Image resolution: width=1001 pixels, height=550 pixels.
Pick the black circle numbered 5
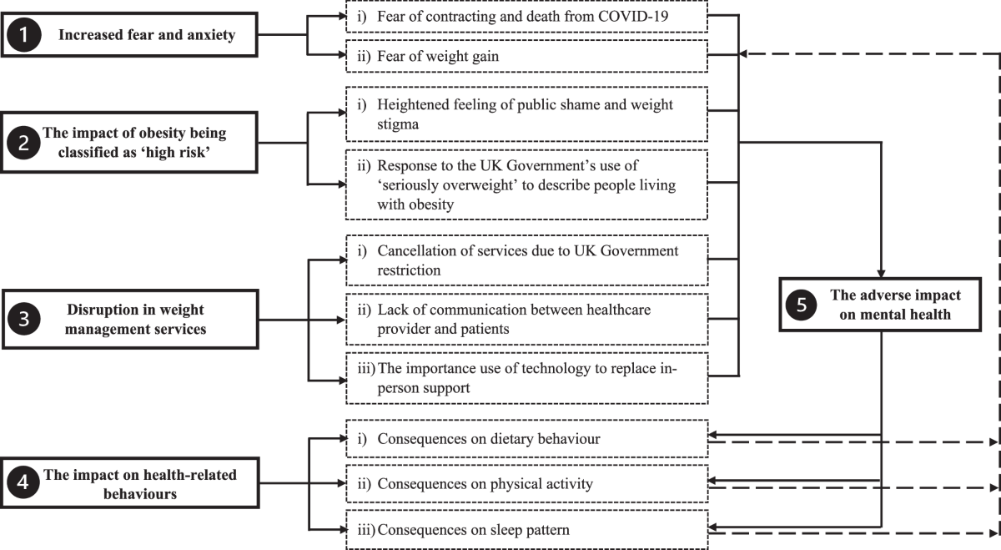[801, 305]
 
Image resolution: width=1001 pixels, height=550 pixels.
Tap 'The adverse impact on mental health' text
[895, 305]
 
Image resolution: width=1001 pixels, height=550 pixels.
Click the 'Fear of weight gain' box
[526, 56]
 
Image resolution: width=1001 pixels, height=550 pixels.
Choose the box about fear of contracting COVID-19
[526, 17]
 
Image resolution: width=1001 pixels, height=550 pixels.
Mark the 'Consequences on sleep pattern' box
[526, 529]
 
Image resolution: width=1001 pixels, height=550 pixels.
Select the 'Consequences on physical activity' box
[526, 483]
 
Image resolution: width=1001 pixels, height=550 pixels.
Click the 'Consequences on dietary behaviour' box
[526, 438]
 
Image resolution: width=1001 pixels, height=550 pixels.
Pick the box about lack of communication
[526, 318]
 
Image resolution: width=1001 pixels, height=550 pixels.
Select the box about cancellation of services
[526, 260]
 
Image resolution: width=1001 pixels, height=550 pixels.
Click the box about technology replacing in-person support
[526, 376]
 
